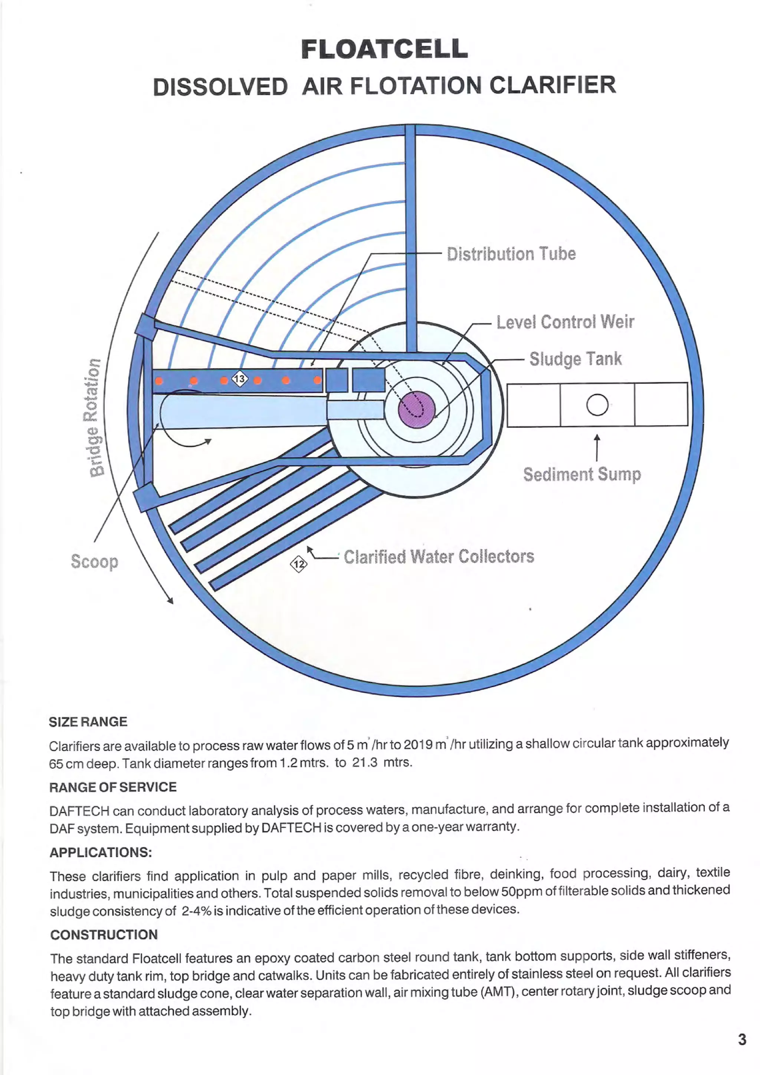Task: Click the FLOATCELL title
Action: [x=384, y=49]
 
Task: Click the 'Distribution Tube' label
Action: [x=511, y=254]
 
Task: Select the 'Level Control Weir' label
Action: [x=565, y=322]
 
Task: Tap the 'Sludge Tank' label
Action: [x=575, y=359]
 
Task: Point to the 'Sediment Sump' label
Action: [x=582, y=474]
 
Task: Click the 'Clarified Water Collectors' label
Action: [x=439, y=557]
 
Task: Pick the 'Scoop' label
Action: [x=94, y=561]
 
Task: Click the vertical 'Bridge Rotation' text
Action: [x=95, y=417]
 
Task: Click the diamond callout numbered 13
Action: [x=240, y=378]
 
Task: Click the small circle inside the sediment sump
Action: [x=597, y=404]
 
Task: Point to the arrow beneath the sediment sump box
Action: [x=597, y=447]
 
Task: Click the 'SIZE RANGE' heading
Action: [x=88, y=721]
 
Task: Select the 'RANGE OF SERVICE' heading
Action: [x=113, y=787]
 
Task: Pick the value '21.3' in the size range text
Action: [x=365, y=763]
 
